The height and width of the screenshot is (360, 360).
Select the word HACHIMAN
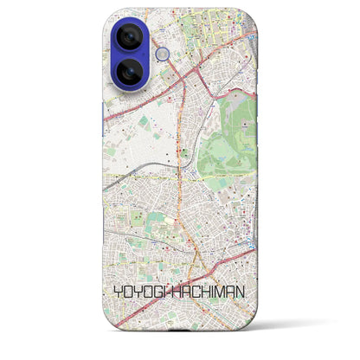[209, 292]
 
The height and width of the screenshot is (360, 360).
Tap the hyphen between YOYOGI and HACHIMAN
[170, 292]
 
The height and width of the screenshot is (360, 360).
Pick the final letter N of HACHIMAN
[241, 292]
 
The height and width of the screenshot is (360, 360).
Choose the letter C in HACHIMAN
[196, 292]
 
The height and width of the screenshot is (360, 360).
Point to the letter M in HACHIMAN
[221, 292]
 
